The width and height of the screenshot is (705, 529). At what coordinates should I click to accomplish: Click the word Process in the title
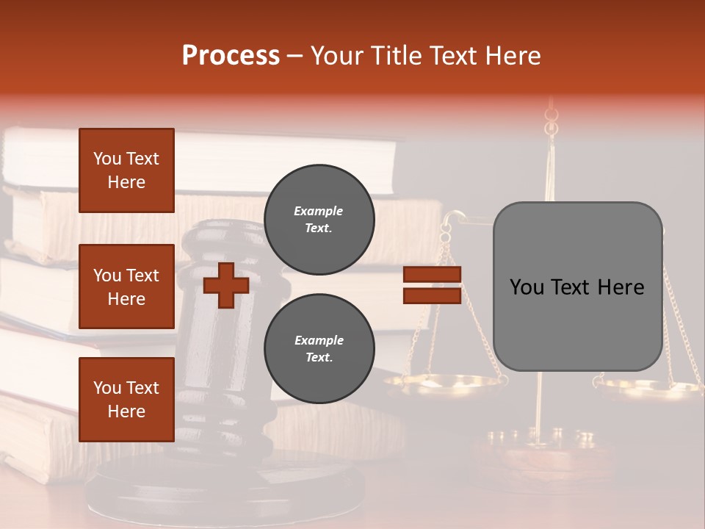point(231,56)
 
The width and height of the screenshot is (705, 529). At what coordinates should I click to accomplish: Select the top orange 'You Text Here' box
point(126,170)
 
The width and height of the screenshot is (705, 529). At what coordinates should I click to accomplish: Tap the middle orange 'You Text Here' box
point(126,287)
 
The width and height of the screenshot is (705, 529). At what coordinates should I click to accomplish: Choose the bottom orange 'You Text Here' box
point(126,399)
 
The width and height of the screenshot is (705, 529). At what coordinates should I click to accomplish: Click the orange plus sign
point(225,285)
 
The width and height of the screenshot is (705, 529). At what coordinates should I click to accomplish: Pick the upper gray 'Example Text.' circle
point(319,220)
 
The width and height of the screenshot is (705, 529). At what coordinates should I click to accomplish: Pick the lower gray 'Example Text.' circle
point(319,349)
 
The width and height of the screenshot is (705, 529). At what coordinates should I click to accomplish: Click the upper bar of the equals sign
point(432,275)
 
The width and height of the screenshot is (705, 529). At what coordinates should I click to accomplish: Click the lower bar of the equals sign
point(432,295)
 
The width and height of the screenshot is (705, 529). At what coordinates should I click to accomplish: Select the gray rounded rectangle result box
point(577,287)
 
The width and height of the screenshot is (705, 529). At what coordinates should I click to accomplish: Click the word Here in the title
point(513,56)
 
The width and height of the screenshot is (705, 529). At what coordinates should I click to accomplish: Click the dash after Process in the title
point(295,56)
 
